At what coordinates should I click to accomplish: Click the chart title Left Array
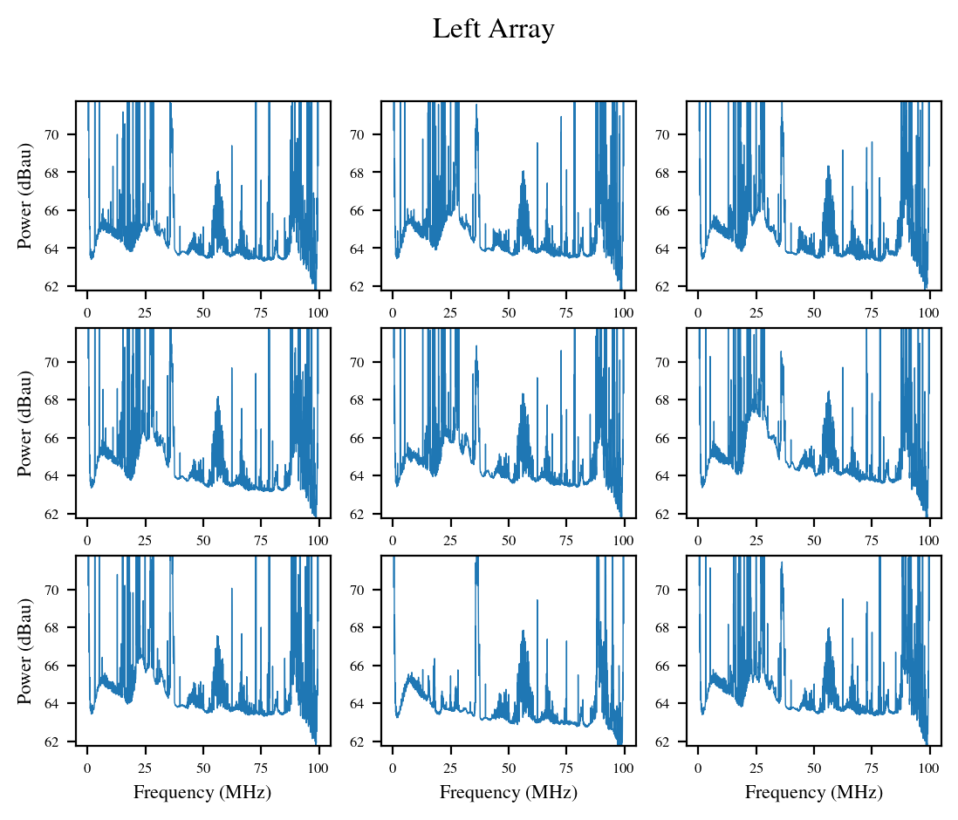[493, 30]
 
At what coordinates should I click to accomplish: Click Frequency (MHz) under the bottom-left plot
[202, 792]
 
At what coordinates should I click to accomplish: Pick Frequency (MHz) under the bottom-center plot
[509, 792]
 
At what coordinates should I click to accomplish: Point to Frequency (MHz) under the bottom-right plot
[814, 792]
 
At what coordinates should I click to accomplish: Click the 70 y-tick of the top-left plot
[64, 134]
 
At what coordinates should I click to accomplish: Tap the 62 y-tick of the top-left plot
[64, 286]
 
